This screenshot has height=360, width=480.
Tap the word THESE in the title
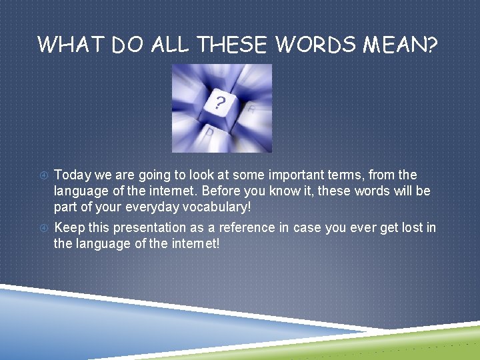[231, 45]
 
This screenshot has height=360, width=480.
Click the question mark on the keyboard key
[220, 103]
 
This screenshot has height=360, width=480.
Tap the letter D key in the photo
[209, 133]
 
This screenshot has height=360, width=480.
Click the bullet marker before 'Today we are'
[43, 175]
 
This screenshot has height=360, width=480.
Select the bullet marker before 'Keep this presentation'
[43, 228]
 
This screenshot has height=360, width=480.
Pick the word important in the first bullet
[272, 175]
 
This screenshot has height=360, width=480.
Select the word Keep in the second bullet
[69, 228]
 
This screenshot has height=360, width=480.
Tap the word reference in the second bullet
[236, 228]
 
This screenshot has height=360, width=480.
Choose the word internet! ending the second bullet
[195, 244]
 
